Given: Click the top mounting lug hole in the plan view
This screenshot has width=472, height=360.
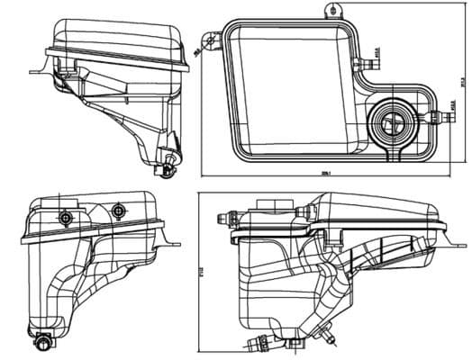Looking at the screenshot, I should pyautogui.click(x=338, y=10).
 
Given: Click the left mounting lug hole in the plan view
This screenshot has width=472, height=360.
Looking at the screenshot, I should pyautogui.click(x=213, y=40).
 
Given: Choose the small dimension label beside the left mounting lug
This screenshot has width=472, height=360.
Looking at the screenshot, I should pyautogui.click(x=197, y=51).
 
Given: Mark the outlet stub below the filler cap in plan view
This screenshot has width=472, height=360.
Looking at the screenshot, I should pyautogui.click(x=393, y=155).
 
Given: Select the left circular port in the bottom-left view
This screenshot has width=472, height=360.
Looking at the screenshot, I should pyautogui.click(x=65, y=219).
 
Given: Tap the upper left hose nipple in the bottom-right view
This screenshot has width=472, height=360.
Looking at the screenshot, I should pyautogui.click(x=227, y=217).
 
